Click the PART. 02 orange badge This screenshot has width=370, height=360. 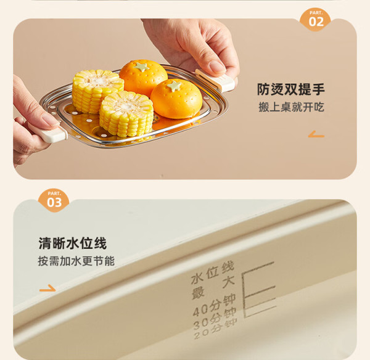(x=316, y=19)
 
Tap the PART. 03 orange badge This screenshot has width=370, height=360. (x=54, y=200)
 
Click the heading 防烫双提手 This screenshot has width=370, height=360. (x=290, y=89)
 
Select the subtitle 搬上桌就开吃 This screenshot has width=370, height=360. (x=291, y=107)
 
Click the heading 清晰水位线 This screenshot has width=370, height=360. (x=72, y=243)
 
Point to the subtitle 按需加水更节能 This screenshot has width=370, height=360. (x=76, y=261)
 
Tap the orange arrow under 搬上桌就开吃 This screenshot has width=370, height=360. (x=316, y=134)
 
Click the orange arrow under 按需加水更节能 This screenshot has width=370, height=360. (x=47, y=288)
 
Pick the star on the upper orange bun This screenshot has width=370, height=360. (x=141, y=67)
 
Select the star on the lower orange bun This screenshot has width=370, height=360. (x=174, y=86)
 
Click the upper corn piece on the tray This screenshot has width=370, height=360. (x=97, y=91)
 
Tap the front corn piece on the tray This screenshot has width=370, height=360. (x=126, y=114)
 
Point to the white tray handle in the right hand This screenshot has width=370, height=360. (x=216, y=80)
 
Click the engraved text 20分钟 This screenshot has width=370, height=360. (x=215, y=329)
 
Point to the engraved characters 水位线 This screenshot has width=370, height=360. (x=212, y=272)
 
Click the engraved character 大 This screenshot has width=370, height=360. (x=228, y=282)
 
